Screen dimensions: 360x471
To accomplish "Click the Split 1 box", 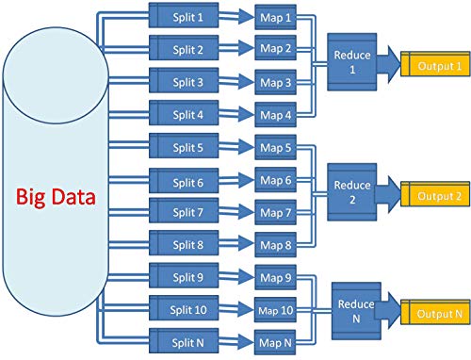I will pos(186,17).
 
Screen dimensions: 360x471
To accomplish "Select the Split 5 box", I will pos(186,147).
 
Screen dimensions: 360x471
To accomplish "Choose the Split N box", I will pos(186,341).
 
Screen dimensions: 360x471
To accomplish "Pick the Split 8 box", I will pos(186,245).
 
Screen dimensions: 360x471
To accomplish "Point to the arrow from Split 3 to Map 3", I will pos(235,83).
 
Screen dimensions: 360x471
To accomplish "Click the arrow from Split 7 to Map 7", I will pos(235,213).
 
